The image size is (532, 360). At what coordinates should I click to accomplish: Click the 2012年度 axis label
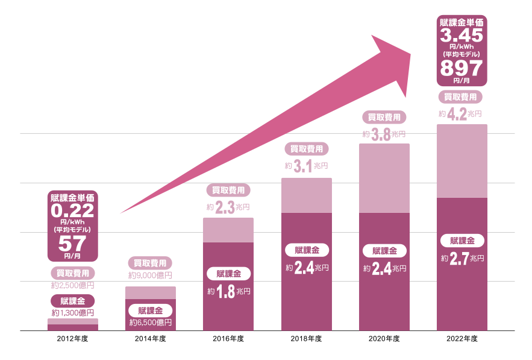tap(73, 339)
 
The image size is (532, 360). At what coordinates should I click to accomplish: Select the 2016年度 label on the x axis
tap(228, 339)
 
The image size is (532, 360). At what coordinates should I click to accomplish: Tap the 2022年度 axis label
tap(462, 339)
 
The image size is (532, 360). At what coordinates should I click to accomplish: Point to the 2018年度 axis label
tap(307, 339)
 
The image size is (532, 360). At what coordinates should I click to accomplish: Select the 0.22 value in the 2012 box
tap(73, 211)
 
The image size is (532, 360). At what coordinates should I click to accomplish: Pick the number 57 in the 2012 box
tap(73, 243)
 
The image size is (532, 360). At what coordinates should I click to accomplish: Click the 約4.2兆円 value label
tap(461, 113)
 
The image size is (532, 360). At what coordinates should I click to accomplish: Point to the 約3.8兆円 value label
tap(384, 134)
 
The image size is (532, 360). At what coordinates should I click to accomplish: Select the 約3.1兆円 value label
tap(307, 166)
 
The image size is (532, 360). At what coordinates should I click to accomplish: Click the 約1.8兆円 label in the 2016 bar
tap(229, 291)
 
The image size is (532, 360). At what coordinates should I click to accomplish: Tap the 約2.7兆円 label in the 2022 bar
tap(462, 258)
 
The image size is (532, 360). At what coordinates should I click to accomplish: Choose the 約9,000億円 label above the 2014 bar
tap(151, 276)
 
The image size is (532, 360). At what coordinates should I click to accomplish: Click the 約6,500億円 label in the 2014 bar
tap(151, 323)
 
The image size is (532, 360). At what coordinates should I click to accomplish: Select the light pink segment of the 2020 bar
tap(384, 178)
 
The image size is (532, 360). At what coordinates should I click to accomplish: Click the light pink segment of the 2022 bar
tap(462, 161)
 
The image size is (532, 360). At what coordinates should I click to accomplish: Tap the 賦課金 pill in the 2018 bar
tap(307, 250)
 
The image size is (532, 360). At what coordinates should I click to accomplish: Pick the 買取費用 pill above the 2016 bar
tap(228, 191)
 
